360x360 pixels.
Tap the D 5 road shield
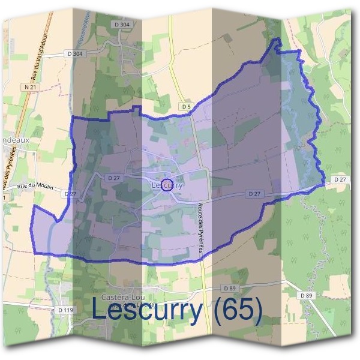187,106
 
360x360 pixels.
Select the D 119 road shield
66,310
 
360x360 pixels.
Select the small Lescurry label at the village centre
167,186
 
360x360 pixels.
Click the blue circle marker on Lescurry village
167,184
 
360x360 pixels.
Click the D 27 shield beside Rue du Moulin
70,194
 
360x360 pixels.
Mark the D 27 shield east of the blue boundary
340,179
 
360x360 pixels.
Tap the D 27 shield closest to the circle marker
114,178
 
